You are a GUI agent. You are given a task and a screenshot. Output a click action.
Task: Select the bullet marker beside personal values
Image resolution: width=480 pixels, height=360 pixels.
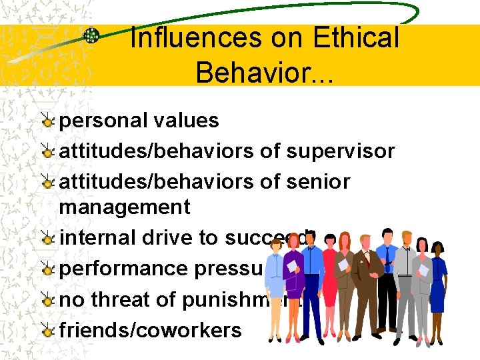tap(47, 121)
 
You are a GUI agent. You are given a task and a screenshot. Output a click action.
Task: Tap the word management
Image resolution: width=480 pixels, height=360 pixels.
tap(125, 207)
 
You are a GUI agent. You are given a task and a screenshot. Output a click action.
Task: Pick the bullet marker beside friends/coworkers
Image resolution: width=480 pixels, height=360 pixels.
tap(47, 330)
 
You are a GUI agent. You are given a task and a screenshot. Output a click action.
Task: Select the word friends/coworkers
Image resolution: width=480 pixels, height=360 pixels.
tap(151, 329)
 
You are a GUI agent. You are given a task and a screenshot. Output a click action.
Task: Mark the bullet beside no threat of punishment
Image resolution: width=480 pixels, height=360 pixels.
tap(47, 300)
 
